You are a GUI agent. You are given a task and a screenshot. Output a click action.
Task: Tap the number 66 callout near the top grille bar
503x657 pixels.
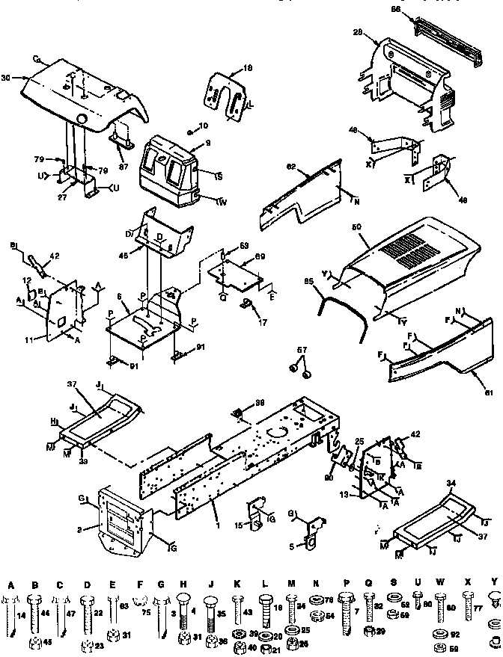397,8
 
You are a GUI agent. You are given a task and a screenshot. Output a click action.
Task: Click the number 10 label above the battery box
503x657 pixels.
203,125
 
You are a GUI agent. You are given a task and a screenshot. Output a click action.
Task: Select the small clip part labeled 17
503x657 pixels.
245,305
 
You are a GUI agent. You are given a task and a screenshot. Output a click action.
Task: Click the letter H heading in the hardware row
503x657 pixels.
183,583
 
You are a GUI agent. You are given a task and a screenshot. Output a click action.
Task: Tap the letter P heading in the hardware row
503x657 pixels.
346,583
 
